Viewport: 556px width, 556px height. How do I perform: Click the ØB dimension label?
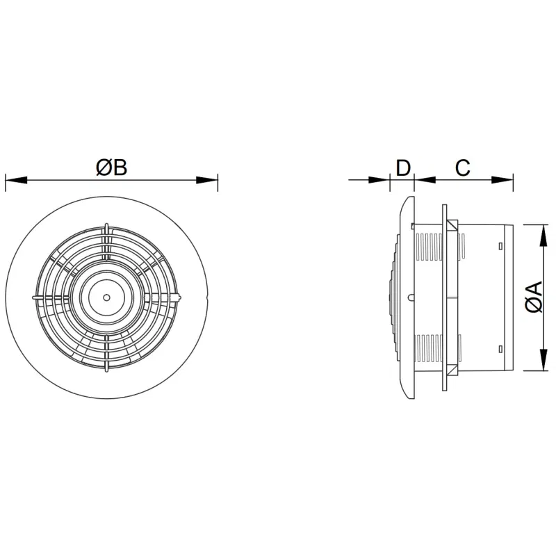tap(112, 167)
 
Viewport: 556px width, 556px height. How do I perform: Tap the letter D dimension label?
tap(403, 167)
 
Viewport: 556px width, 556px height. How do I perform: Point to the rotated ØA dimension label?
tap(534, 297)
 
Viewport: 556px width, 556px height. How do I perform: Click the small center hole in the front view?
tap(106, 297)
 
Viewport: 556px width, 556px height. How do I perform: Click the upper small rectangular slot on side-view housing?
tap(500, 246)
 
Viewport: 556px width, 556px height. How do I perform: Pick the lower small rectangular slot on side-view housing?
tap(500, 348)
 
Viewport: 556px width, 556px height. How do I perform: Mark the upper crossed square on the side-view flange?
tap(452, 227)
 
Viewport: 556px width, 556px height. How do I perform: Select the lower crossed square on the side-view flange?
tap(452, 368)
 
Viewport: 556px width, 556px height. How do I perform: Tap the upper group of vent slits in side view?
tap(430, 246)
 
